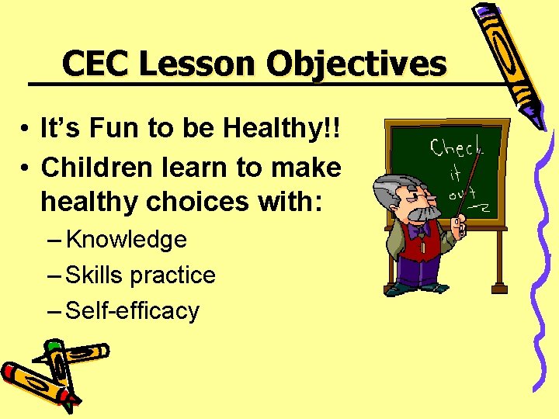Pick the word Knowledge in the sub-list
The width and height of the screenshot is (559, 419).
click(x=127, y=240)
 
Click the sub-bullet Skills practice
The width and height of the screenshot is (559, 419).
click(x=141, y=275)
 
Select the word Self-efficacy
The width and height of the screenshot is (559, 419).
click(x=133, y=310)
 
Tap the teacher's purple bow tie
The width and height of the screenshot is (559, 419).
click(x=420, y=230)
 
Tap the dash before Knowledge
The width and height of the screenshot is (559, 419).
click(x=54, y=241)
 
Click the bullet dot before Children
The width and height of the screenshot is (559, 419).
click(x=26, y=168)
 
